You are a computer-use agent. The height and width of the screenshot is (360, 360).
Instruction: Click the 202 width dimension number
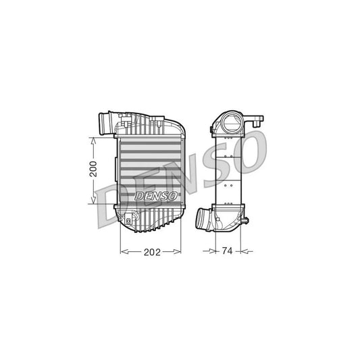pyautogui.click(x=151, y=253)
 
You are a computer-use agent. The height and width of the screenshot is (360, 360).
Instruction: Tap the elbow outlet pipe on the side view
pyautogui.click(x=205, y=219)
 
